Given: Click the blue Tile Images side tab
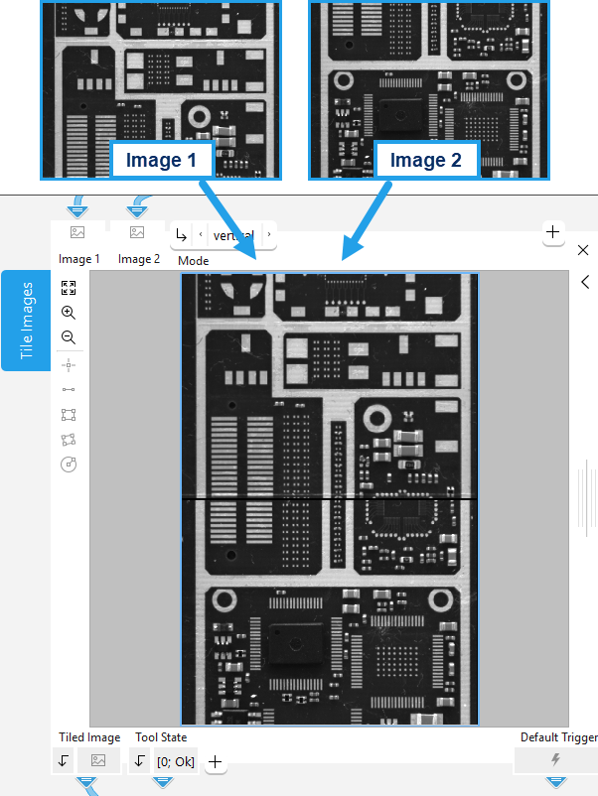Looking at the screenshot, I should (26, 320).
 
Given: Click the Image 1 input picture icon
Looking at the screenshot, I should (76, 232).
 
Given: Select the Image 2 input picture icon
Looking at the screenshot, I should (137, 232).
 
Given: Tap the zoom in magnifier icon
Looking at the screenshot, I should (69, 313).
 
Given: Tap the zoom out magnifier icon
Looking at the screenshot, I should (69, 337).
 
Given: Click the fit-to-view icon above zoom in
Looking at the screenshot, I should (69, 288).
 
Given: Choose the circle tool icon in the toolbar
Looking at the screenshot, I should (69, 464).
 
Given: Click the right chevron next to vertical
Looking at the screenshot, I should (268, 235).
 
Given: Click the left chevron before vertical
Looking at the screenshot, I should (201, 235).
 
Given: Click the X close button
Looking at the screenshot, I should (583, 250).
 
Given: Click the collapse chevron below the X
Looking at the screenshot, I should (585, 282).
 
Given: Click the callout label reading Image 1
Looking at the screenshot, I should (161, 160).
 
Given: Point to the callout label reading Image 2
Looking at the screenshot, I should (425, 160).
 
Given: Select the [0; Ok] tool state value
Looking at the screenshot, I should (175, 761).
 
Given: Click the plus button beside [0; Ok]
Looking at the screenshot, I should (215, 762).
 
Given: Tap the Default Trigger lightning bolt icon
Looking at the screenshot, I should (555, 760).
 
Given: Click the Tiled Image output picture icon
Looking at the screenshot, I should (97, 760).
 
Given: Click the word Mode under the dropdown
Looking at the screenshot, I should (193, 261).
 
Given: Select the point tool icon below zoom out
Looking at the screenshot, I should (69, 364).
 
